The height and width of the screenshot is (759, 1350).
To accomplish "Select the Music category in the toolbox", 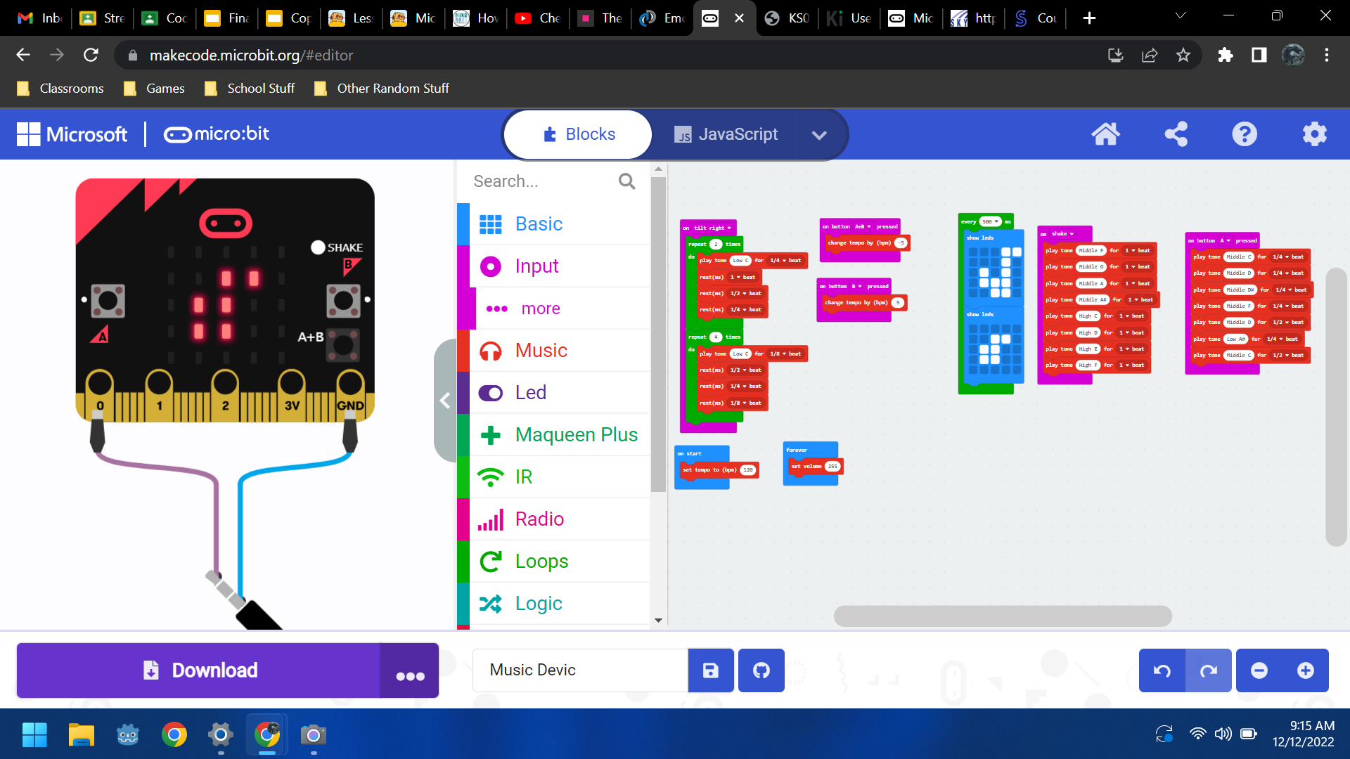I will click(x=541, y=350).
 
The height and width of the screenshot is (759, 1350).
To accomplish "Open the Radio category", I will click(x=539, y=519).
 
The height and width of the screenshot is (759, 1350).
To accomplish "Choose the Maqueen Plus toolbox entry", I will click(x=576, y=434).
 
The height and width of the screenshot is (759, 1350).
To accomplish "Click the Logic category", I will click(x=539, y=603).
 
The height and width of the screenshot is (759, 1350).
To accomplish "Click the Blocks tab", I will click(x=579, y=134).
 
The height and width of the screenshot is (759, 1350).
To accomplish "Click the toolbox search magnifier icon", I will click(x=626, y=181).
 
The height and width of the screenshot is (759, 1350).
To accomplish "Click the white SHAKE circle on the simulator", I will click(x=318, y=247).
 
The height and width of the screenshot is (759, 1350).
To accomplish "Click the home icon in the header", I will click(x=1105, y=134).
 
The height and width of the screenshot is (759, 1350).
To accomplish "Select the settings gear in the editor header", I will click(x=1314, y=134).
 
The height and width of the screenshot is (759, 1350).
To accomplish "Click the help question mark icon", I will click(x=1244, y=134).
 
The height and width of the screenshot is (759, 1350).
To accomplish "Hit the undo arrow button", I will click(x=1162, y=670).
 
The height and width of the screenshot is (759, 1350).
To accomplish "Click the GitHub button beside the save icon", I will click(x=761, y=670).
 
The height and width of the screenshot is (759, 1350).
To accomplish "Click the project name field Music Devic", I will click(x=580, y=670).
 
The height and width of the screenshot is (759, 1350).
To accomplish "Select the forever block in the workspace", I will click(x=797, y=450).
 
